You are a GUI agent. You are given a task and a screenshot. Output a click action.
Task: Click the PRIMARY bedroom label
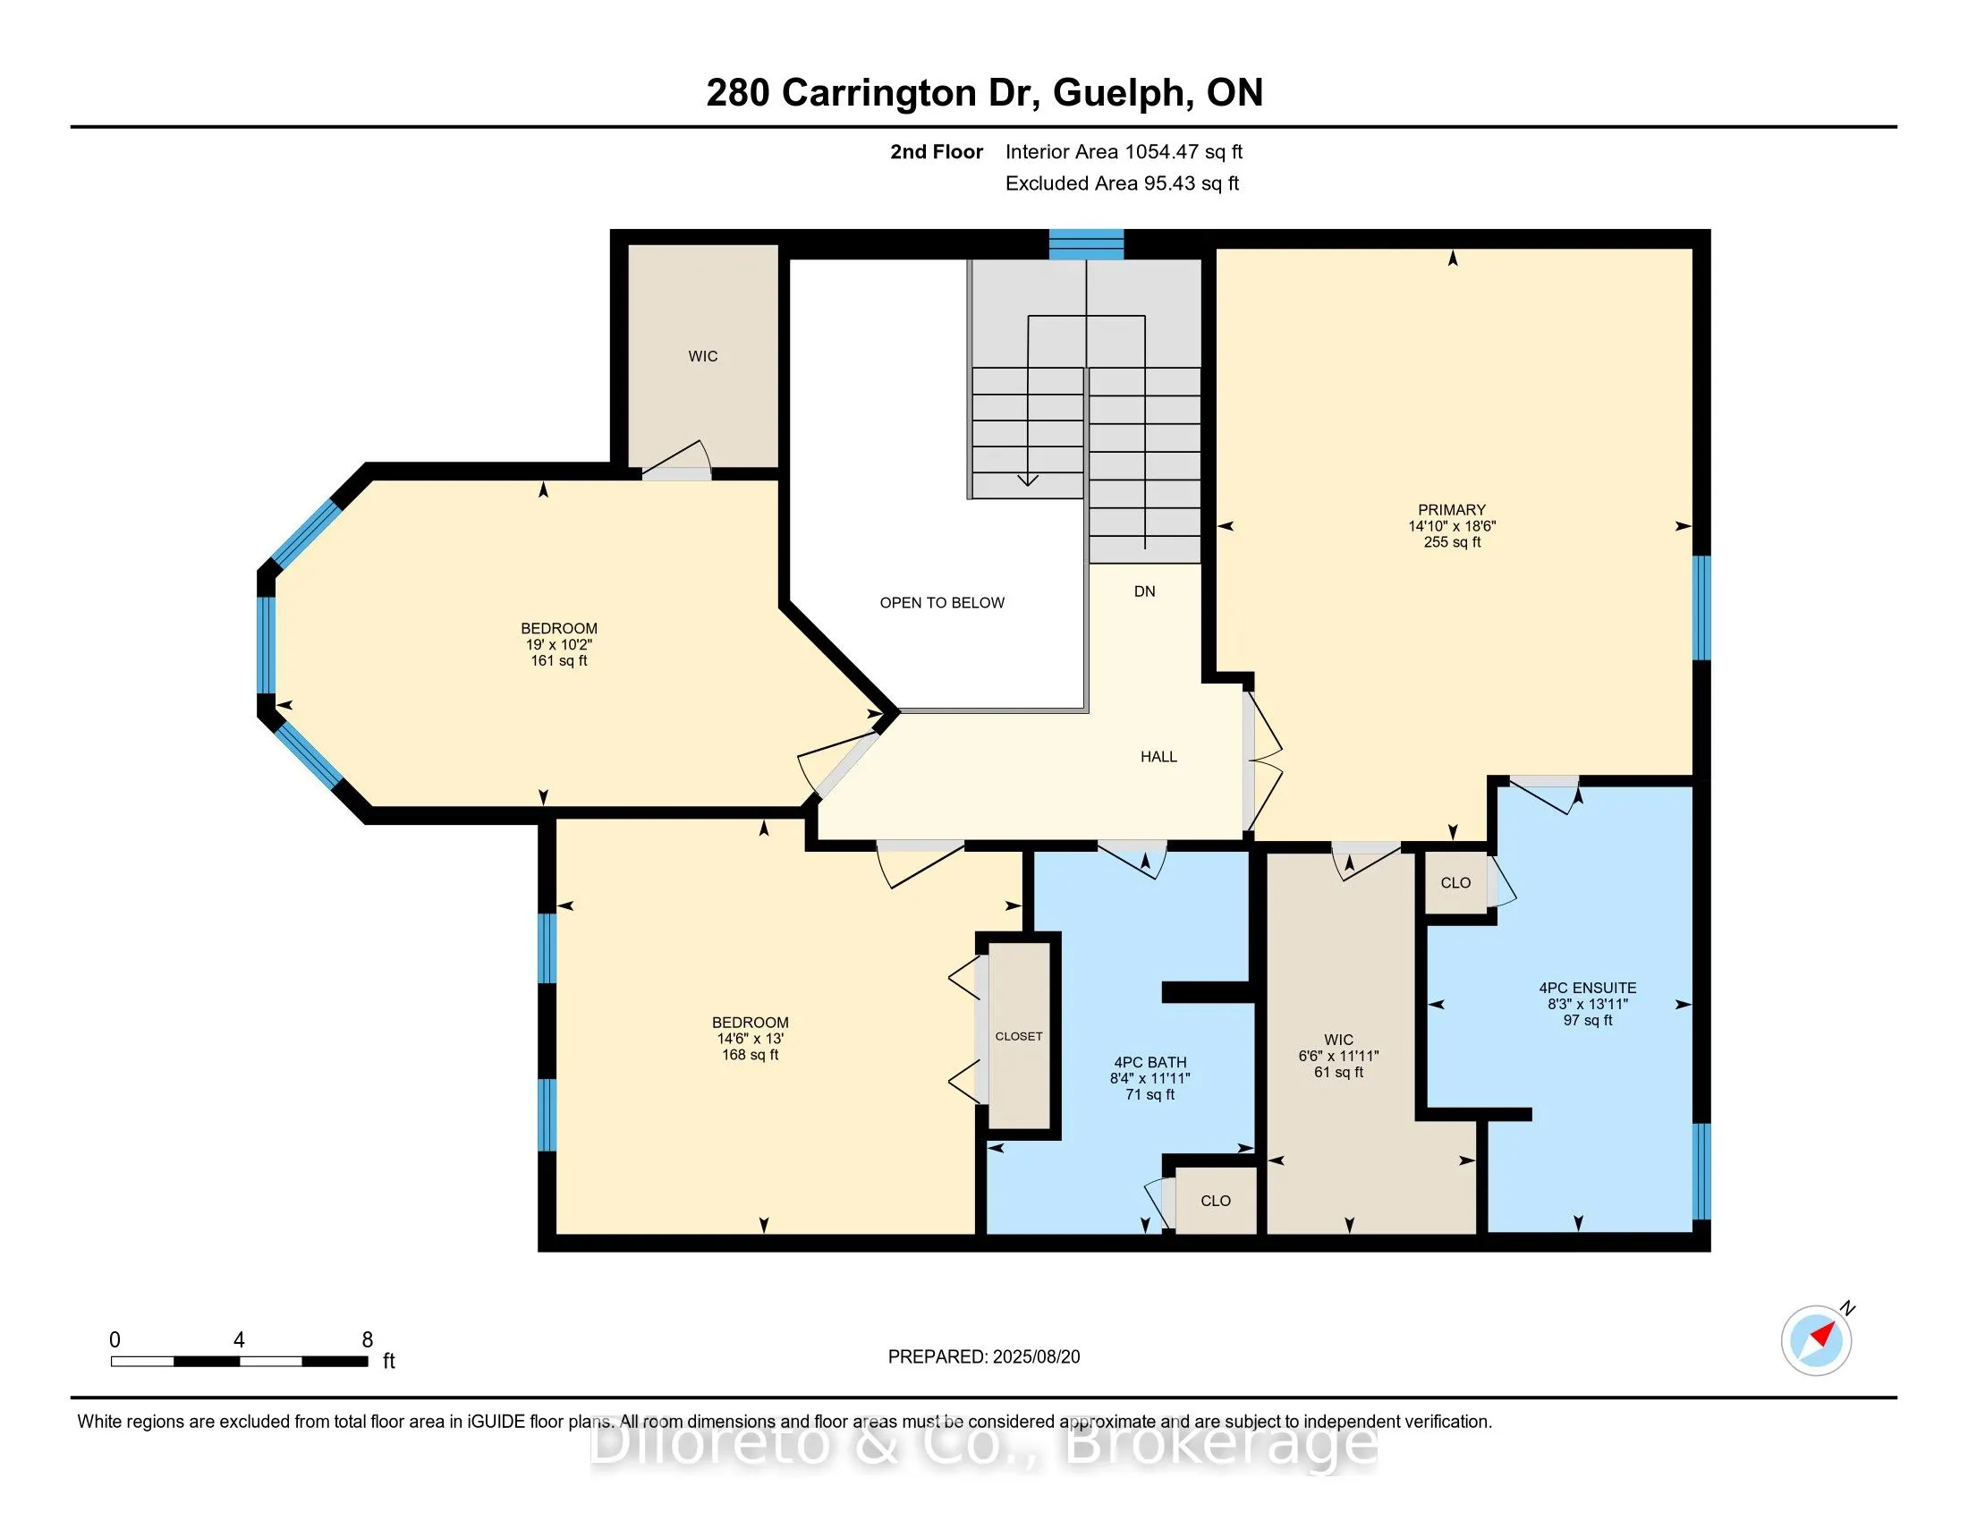[x=1451, y=509]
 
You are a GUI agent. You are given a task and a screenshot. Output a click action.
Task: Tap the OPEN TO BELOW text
[x=942, y=603]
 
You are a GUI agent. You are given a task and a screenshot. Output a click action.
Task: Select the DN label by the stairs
[x=1144, y=591]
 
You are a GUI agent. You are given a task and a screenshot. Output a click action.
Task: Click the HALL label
[x=1158, y=757]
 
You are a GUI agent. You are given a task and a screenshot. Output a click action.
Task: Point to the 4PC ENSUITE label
[x=1587, y=988]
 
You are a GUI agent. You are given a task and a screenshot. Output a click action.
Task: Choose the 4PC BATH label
[x=1149, y=1062]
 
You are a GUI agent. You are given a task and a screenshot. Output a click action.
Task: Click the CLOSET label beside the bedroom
[x=1018, y=1036]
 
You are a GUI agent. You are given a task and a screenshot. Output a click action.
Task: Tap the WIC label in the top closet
[x=703, y=357]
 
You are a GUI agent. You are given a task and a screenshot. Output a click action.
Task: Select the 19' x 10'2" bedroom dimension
[x=559, y=645]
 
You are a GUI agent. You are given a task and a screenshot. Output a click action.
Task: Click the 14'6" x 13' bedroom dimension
[x=750, y=1039]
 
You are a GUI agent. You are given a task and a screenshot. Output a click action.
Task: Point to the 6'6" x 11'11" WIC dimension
[x=1338, y=1056]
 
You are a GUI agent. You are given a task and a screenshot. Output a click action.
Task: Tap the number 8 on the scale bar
[x=367, y=1340]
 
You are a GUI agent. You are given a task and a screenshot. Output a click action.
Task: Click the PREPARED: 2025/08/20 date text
[x=983, y=1357]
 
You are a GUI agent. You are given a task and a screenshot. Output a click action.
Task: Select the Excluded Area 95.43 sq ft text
[x=1122, y=183]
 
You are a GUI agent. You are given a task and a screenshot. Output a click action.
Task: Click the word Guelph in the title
[x=1118, y=93]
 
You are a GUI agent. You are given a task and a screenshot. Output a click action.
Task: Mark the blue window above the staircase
[x=1086, y=244]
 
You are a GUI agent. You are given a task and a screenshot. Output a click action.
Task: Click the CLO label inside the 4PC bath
[x=1216, y=1201]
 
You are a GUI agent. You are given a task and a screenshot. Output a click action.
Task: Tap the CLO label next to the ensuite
[x=1455, y=883]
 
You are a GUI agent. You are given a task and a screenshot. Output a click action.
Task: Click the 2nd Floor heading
[x=937, y=152]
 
